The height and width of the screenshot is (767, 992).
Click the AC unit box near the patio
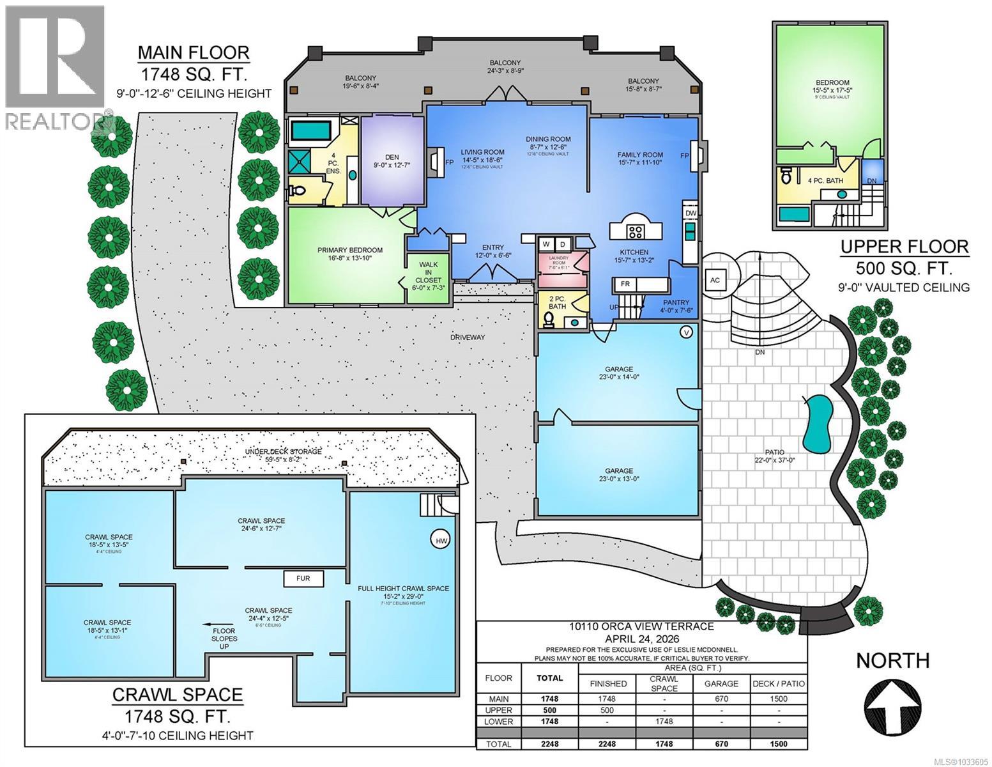[x=714, y=279]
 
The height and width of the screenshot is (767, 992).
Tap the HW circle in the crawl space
[x=441, y=541]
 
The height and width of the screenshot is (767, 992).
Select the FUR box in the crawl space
[x=303, y=578]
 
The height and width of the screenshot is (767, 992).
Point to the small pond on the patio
[x=817, y=422]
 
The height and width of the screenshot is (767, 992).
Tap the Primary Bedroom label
[x=350, y=250]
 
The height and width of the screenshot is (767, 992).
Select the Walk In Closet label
[x=428, y=275]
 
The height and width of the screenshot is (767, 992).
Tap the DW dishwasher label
[x=691, y=213]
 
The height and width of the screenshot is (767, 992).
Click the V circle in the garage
[x=687, y=332]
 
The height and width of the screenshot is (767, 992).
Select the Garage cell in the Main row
[x=721, y=699]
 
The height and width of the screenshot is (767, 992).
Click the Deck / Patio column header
[x=779, y=683]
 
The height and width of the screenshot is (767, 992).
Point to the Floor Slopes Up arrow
[x=216, y=626]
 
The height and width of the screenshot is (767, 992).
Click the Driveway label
[x=468, y=337]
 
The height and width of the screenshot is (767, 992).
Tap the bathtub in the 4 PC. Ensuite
[x=311, y=132]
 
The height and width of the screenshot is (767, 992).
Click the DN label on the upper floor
[x=872, y=181]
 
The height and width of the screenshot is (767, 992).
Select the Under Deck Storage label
[x=283, y=452]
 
